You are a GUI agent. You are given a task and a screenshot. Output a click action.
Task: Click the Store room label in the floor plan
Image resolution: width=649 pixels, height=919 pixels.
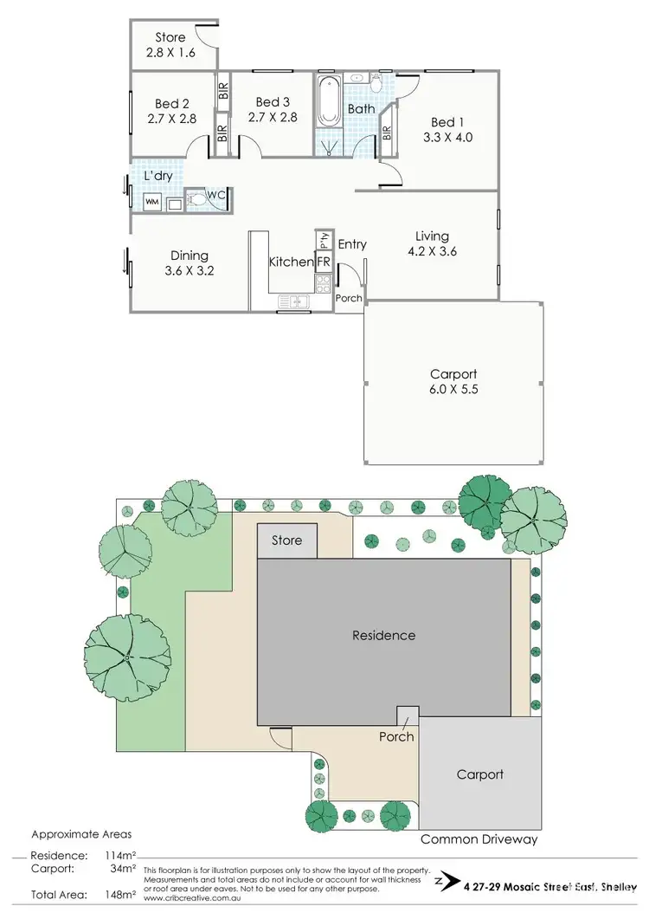click(x=170, y=37)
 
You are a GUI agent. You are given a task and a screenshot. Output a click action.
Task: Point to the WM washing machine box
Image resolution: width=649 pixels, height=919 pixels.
click(x=151, y=202)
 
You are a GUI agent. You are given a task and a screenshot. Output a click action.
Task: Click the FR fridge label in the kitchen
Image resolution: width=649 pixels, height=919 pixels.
click(x=323, y=262)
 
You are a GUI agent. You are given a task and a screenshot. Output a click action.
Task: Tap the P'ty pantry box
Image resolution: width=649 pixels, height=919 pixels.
click(x=323, y=239)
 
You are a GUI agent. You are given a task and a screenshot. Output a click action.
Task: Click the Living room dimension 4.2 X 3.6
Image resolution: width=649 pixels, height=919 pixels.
click(x=432, y=252)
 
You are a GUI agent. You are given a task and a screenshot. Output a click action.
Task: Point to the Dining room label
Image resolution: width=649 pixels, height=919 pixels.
click(x=189, y=255)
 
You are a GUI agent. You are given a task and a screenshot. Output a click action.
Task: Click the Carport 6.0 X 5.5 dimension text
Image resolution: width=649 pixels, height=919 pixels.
click(x=454, y=390)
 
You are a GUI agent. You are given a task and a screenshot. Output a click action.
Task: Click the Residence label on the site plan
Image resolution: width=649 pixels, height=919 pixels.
click(x=383, y=635)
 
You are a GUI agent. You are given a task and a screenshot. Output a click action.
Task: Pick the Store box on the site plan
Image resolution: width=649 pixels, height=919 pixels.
click(x=287, y=540)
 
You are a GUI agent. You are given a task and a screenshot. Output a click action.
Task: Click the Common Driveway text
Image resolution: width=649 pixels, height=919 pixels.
click(x=479, y=839)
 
